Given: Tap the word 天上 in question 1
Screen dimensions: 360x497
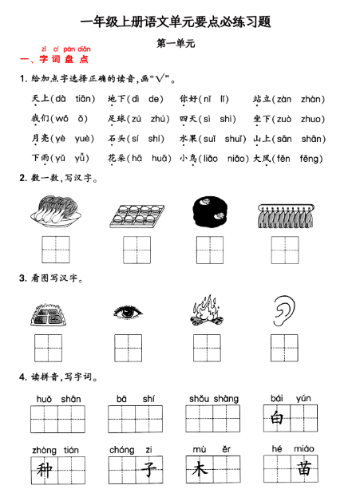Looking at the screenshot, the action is pos(39,99).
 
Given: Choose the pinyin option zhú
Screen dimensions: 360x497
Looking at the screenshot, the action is pos(159,119).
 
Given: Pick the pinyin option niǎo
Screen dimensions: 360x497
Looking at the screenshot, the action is pos(237,159).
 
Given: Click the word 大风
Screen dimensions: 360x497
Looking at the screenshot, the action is pos(262,159).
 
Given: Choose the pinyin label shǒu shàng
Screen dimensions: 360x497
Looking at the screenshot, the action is pos(213,398).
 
